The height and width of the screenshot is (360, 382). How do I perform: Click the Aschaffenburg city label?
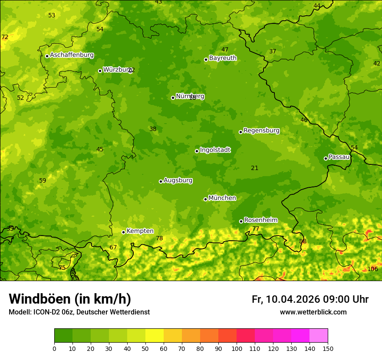pos(72,55)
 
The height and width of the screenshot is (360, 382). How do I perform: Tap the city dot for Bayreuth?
pos(206,59)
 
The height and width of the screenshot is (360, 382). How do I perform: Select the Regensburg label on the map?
pos(261,131)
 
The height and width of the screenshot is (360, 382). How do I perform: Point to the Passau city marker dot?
pos(326,158)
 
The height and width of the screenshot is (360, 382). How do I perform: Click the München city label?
pos(222,198)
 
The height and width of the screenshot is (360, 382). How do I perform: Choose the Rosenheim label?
pos(260,220)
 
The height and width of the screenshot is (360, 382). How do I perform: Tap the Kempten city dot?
pos(123,232)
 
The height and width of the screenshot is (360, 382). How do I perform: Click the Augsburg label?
pos(178,180)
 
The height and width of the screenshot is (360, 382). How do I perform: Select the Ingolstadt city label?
pos(215,150)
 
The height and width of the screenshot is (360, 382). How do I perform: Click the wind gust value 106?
pos(372,269)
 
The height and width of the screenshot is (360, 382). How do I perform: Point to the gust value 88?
pos(303,241)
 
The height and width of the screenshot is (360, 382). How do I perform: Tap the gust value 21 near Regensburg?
pos(254,168)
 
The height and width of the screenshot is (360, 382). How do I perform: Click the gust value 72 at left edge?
pos(5,37)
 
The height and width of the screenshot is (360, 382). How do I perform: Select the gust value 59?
pos(43,180)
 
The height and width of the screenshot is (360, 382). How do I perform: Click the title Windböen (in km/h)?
pos(69,299)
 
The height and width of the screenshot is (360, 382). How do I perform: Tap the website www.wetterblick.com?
pos(313,312)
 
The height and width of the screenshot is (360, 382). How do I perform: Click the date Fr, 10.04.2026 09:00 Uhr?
pos(310,299)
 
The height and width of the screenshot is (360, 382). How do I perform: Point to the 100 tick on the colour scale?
pos(237,348)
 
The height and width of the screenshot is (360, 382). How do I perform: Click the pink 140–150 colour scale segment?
pos(319,336)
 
